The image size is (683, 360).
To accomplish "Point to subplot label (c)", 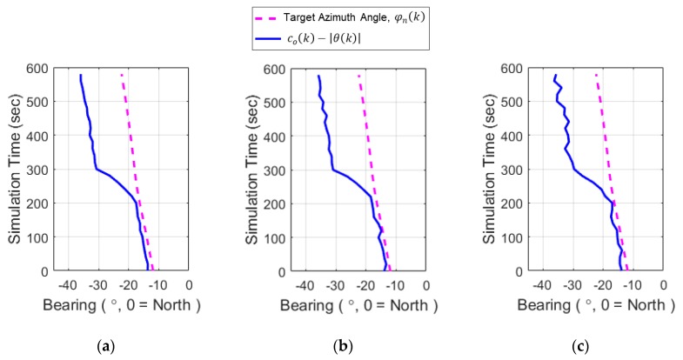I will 580,347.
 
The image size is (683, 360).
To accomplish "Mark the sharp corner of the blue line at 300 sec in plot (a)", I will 95,169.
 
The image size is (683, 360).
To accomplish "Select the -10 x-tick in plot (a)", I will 158,285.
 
